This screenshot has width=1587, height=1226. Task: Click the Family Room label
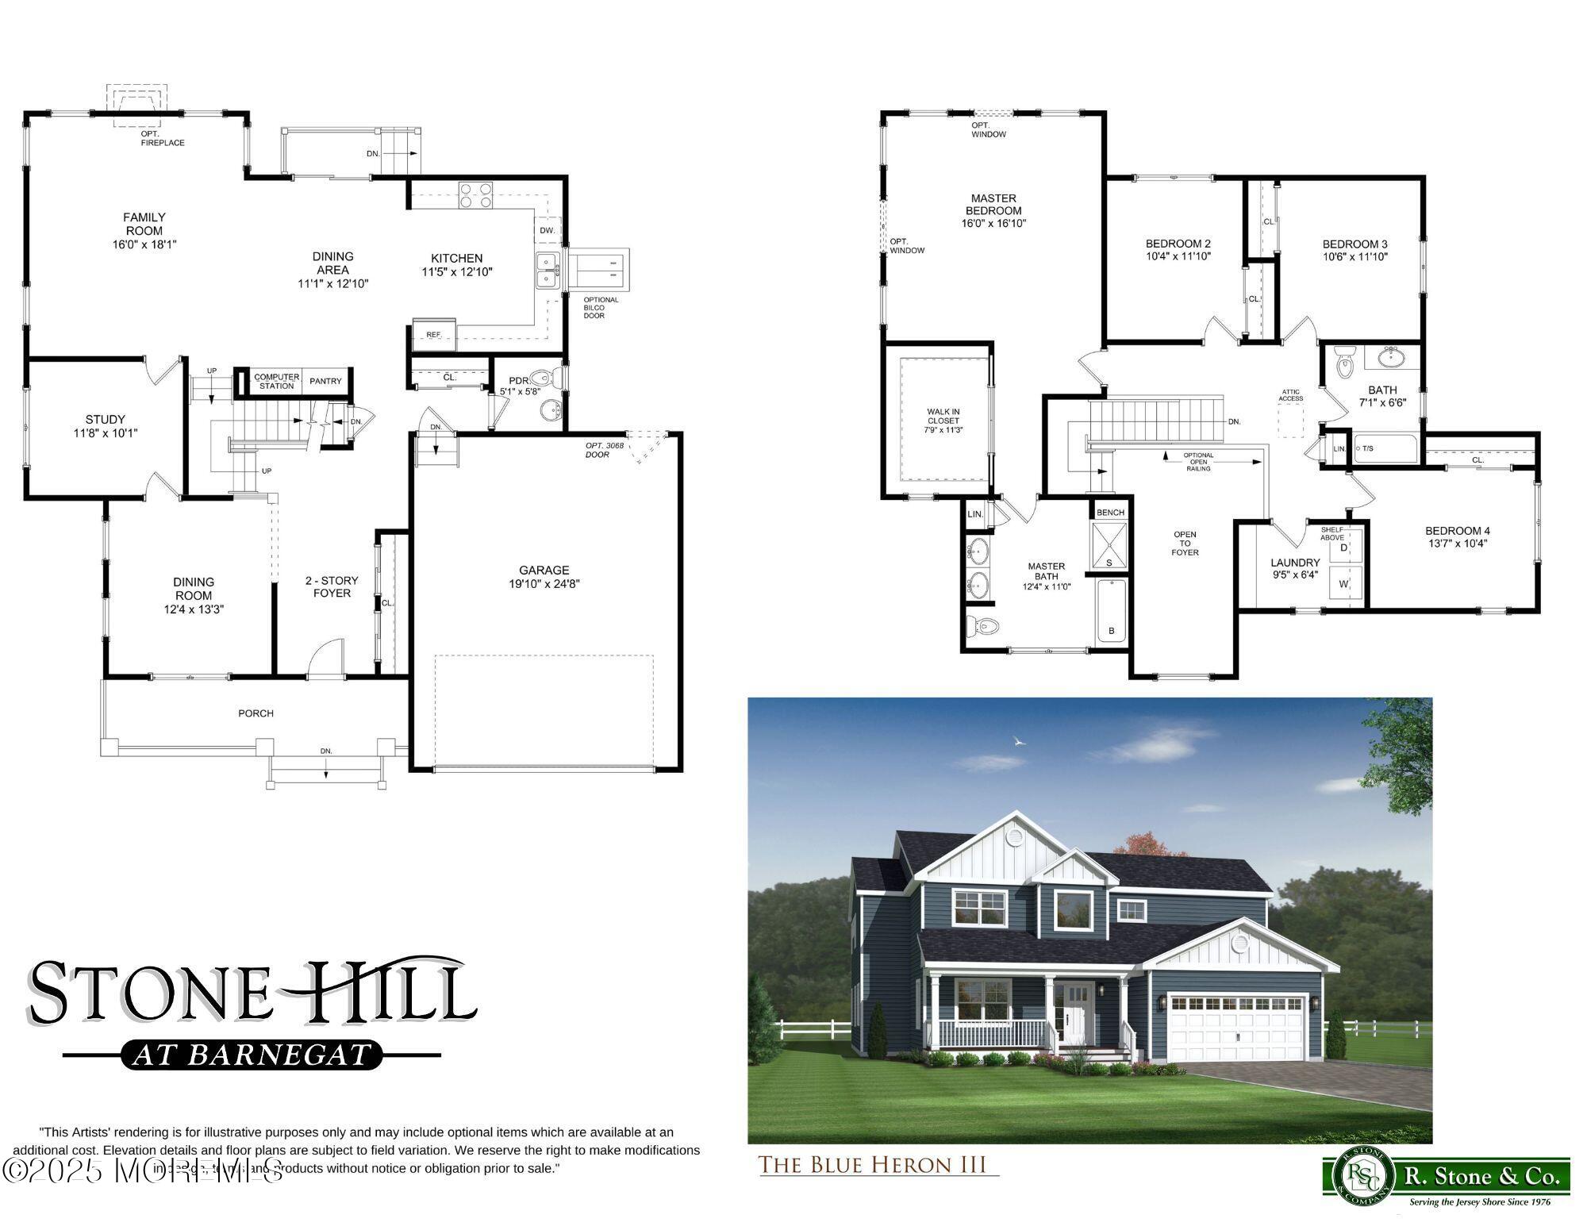pyautogui.click(x=144, y=224)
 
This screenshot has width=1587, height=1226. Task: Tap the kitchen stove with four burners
pyautogui.click(x=475, y=195)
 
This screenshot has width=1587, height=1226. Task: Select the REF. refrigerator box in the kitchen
pyautogui.click(x=434, y=334)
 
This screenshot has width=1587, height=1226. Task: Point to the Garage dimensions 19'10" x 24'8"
pyautogui.click(x=544, y=584)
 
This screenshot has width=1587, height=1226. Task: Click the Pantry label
pyautogui.click(x=325, y=382)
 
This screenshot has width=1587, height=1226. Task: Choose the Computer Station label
pyautogui.click(x=277, y=382)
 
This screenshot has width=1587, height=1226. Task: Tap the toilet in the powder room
pyautogui.click(x=542, y=379)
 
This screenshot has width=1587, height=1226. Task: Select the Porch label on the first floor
pyautogui.click(x=256, y=713)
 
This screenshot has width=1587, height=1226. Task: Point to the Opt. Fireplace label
pyautogui.click(x=162, y=139)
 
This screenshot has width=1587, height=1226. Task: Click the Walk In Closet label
pyautogui.click(x=943, y=421)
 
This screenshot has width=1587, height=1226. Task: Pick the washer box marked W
pyautogui.click(x=1344, y=585)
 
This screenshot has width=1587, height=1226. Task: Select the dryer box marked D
pyautogui.click(x=1344, y=548)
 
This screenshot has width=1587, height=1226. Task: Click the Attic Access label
pyautogui.click(x=1291, y=395)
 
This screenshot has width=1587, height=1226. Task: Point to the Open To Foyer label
pyautogui.click(x=1185, y=544)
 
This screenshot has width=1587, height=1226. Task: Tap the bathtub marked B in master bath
pyautogui.click(x=1111, y=611)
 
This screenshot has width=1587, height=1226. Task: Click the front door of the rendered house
pyautogui.click(x=1076, y=1024)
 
